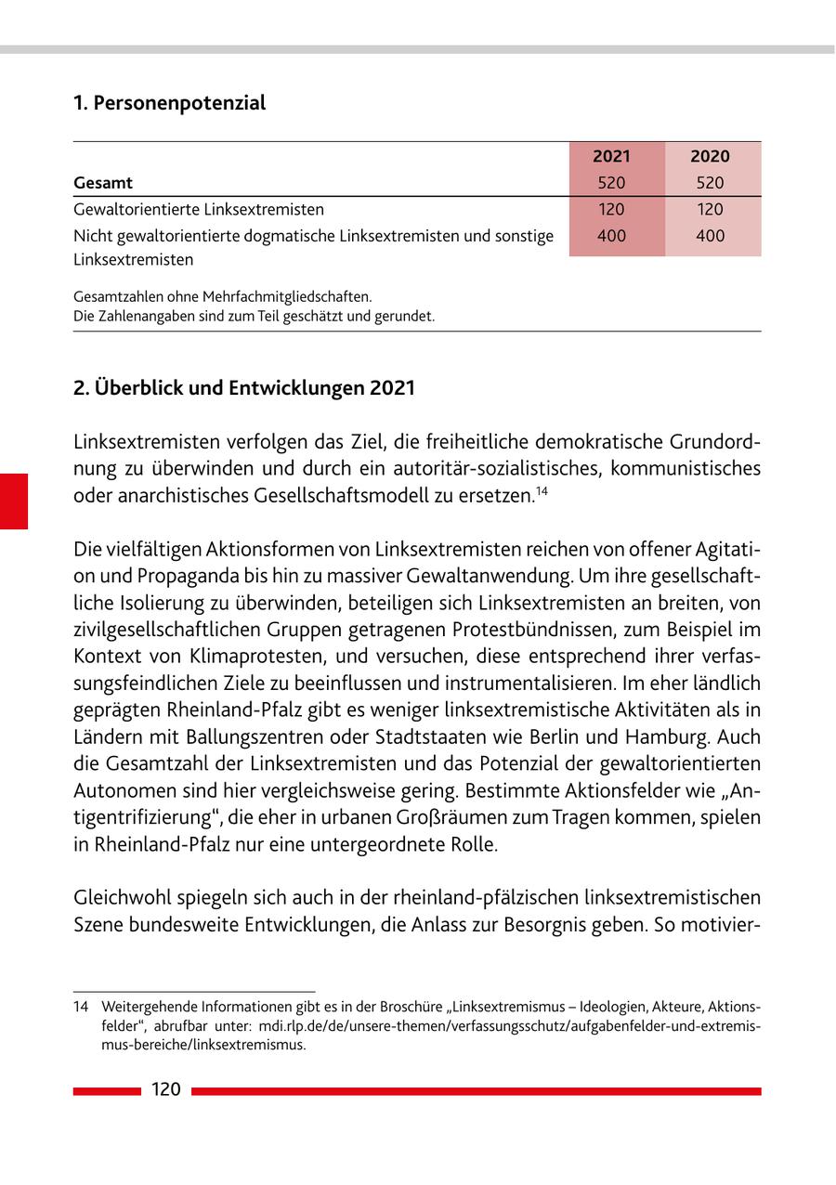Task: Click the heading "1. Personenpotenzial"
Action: tap(169, 103)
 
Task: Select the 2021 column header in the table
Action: tap(611, 156)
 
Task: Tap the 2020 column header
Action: tap(710, 156)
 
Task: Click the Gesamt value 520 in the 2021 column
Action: tap(611, 183)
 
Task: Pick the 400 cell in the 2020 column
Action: tap(710, 236)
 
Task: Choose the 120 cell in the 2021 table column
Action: tap(611, 210)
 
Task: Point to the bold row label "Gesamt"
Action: tap(103, 183)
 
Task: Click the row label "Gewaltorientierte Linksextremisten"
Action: tap(199, 210)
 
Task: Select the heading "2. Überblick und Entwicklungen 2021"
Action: tap(244, 388)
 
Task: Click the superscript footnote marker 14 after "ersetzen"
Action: tap(540, 490)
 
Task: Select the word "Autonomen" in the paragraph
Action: tap(117, 791)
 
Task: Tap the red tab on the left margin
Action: tap(14, 501)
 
